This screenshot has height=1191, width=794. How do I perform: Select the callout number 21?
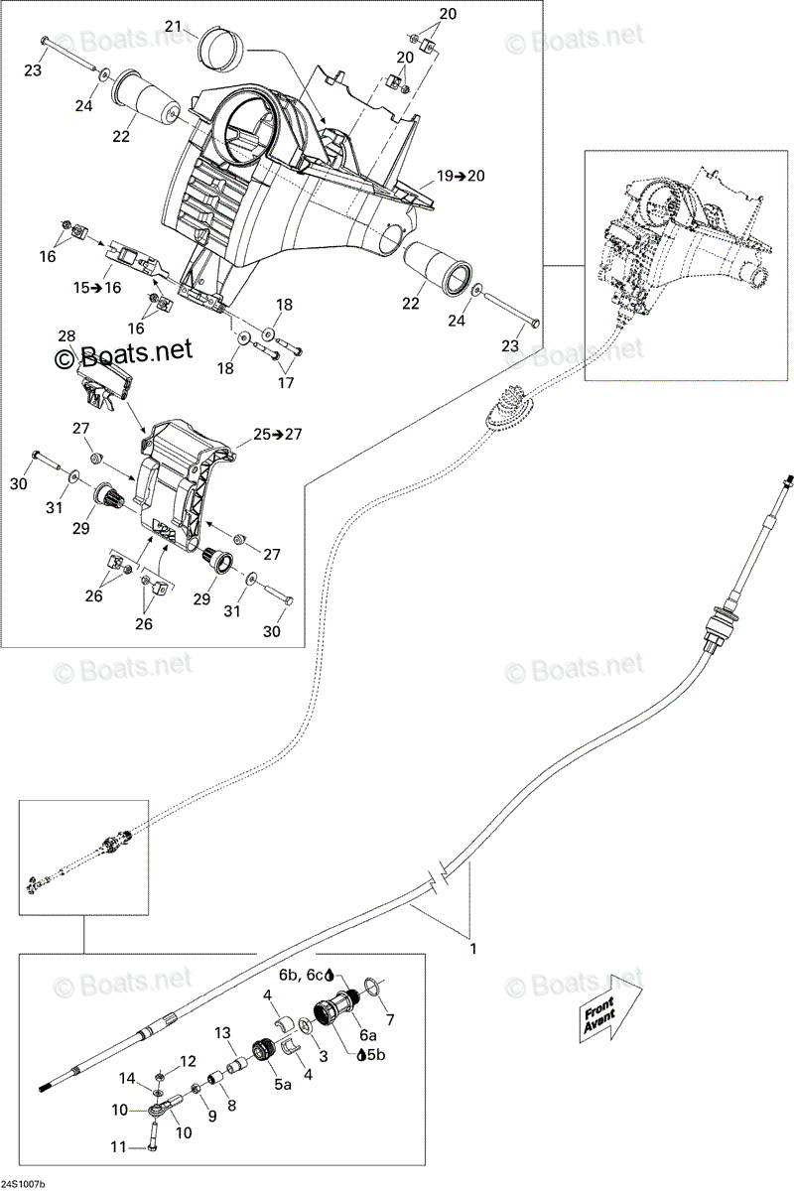pos(174,26)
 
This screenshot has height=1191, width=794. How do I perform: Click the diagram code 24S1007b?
pos(23,1183)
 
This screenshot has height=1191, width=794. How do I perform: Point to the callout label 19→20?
pos(461,176)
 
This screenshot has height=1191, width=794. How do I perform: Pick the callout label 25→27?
pos(277,435)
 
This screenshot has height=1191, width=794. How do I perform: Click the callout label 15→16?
pos(97,288)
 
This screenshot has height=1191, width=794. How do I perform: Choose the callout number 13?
pos(223,1032)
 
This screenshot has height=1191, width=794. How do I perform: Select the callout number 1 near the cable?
pos(472,949)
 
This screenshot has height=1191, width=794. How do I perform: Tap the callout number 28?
pos(67,336)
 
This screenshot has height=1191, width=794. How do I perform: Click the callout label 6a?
pos(368,1034)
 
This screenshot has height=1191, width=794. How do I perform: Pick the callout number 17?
pos(286,382)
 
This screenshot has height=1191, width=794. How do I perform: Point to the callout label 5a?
pos(283,1084)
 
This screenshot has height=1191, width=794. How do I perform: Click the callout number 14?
pos(128,1078)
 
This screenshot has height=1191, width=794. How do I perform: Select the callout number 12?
pos(188,1061)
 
